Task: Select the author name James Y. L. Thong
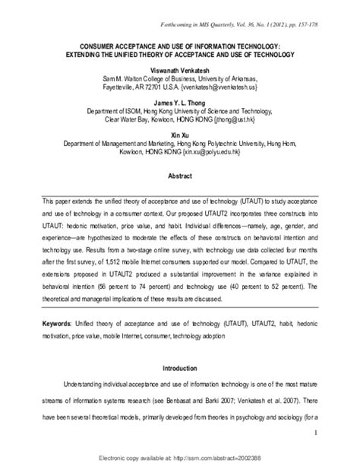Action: (179, 101)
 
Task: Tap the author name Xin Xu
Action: (179, 134)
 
